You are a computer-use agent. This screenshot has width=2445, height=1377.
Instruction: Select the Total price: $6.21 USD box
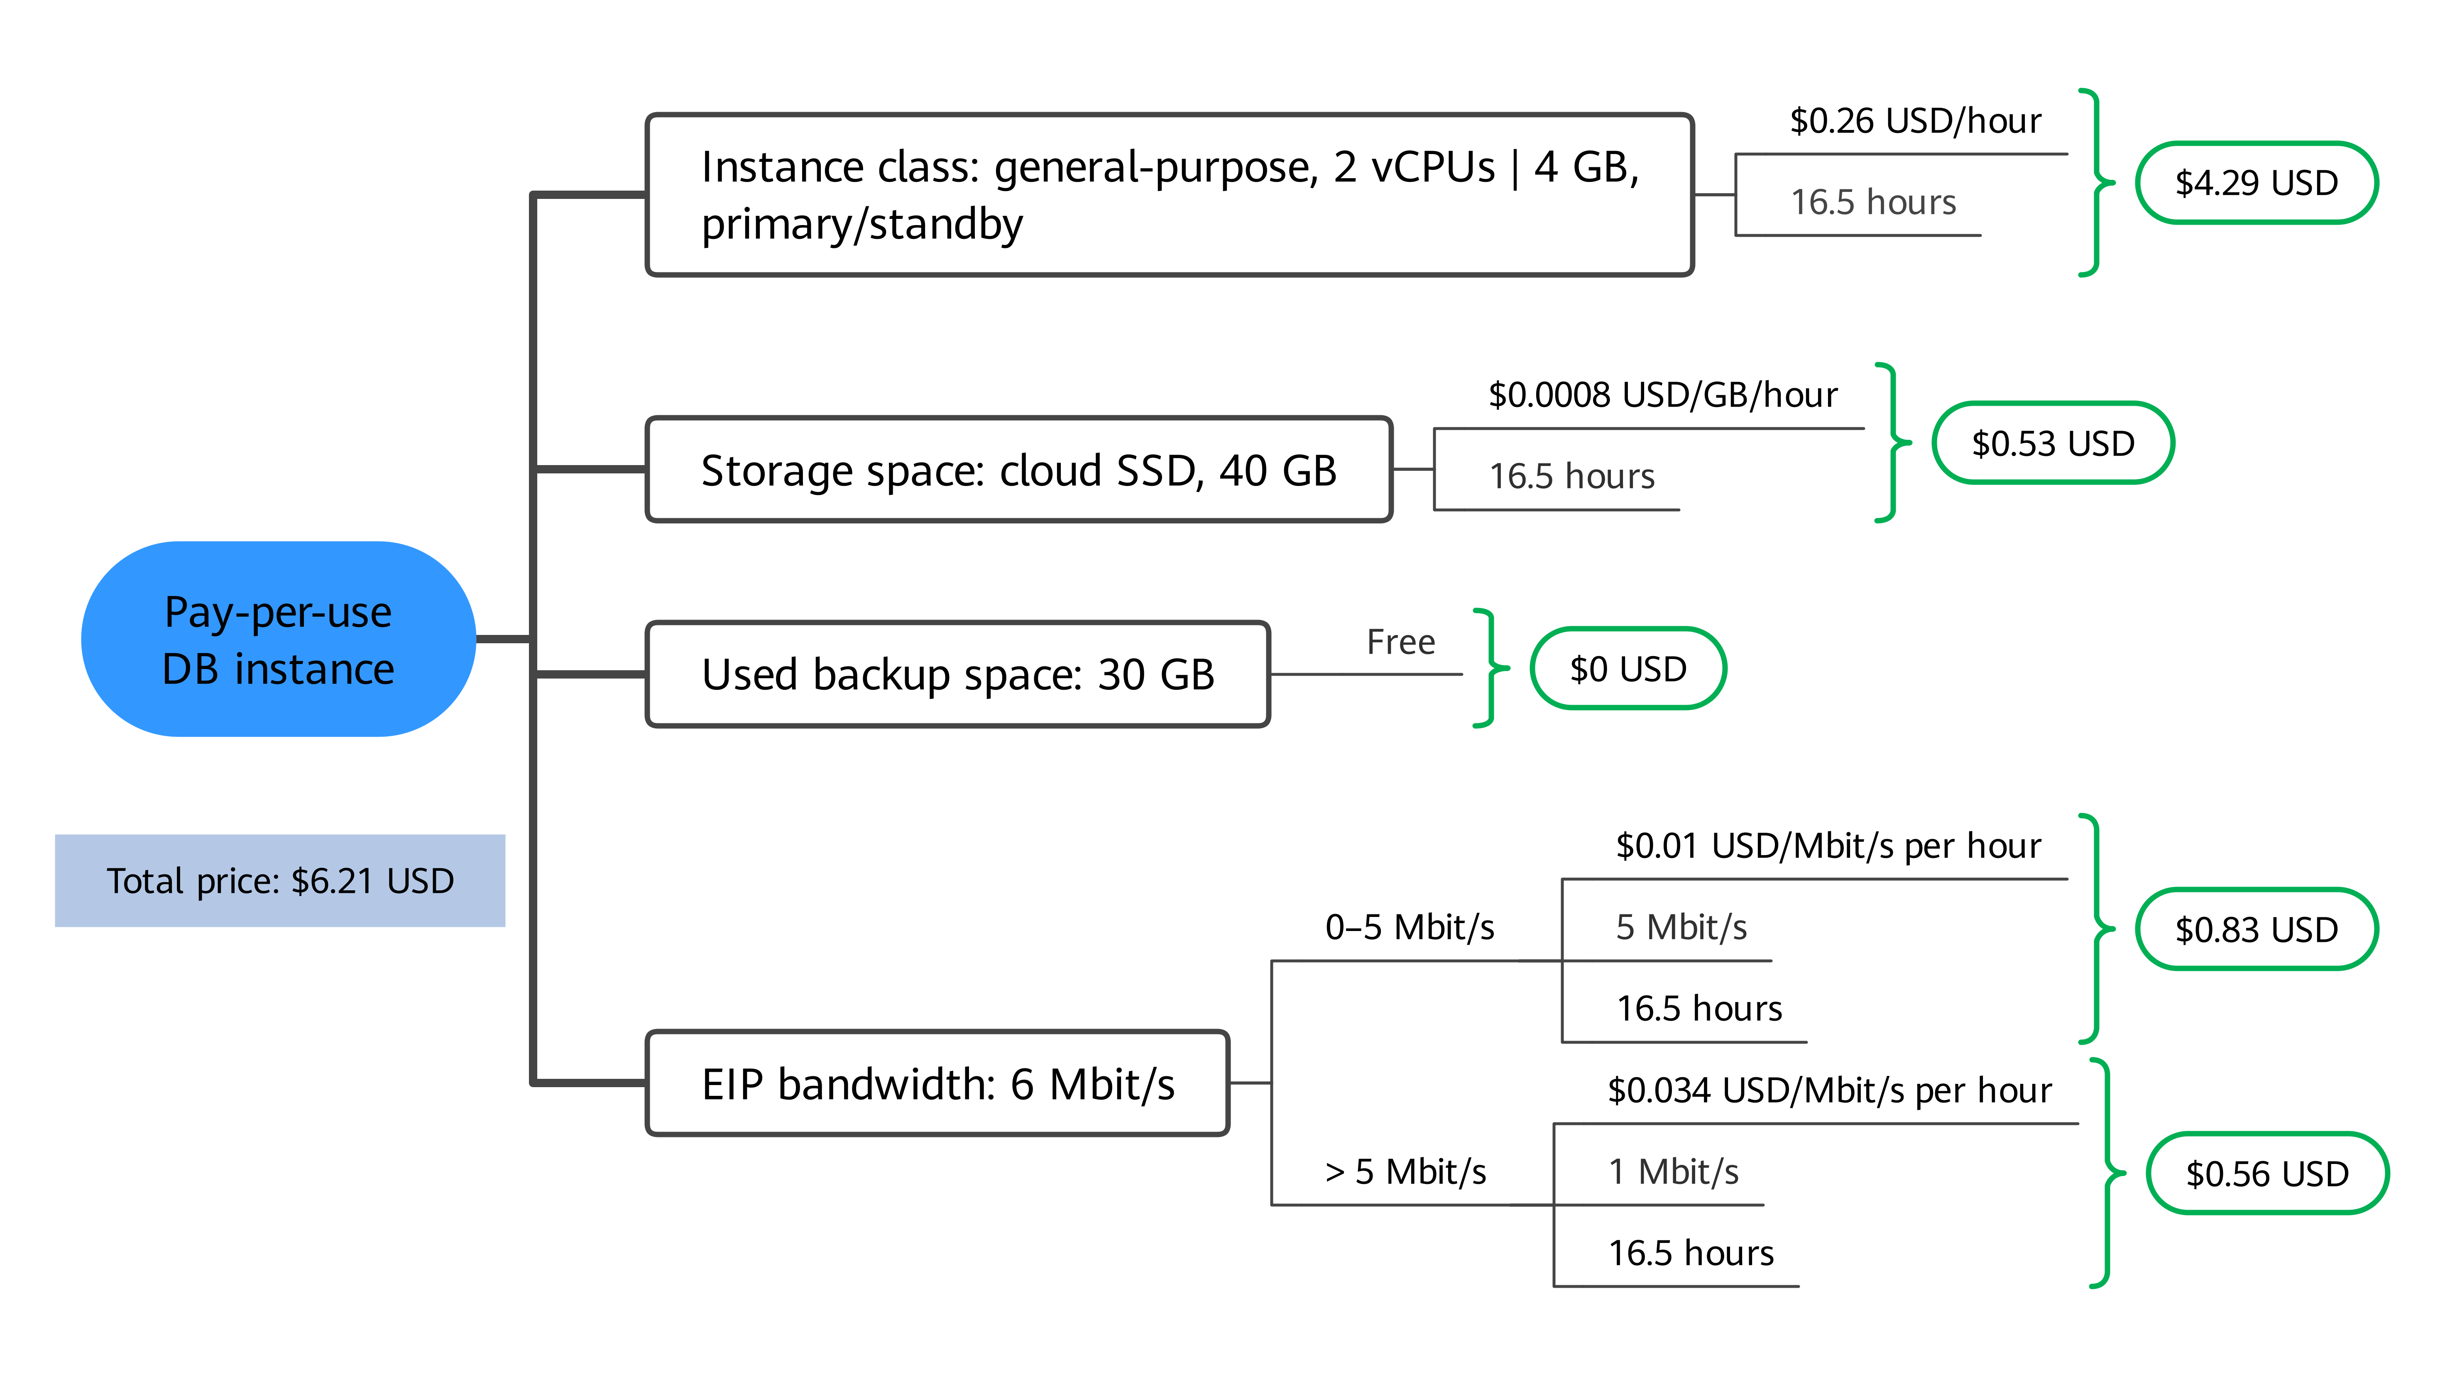coord(280,881)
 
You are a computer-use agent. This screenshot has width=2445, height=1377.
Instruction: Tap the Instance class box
coord(1169,194)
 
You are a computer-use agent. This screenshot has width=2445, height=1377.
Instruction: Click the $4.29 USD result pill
coord(2256,182)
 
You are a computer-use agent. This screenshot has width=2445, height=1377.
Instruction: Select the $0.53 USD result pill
coord(2053,443)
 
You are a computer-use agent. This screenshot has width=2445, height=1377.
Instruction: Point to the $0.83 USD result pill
coord(2256,929)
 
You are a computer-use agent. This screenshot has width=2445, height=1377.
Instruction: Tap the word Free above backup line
coord(1401,642)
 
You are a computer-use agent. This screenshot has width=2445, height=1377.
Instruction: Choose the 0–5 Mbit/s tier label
coord(1410,927)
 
